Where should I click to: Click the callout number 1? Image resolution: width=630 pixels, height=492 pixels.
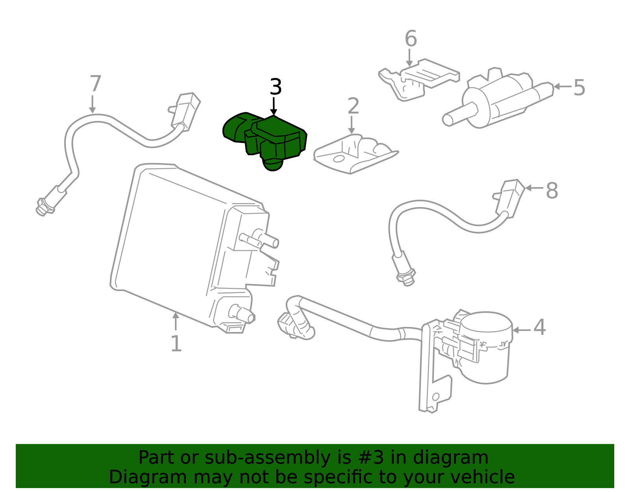pos(176,344)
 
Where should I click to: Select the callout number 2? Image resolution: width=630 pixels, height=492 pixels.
pos(354,106)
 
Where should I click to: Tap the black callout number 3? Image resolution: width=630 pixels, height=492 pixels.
pos(275,87)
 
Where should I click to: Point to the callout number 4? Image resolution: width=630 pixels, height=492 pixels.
pos(539,327)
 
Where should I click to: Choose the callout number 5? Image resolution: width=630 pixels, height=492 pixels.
pos(579,87)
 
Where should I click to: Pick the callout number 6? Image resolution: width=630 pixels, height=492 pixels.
pos(411,38)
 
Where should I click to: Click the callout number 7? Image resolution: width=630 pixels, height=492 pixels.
pos(95,84)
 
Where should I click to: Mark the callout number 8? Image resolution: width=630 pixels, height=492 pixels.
pos(552,191)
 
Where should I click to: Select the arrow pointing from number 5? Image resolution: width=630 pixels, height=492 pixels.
pos(562,86)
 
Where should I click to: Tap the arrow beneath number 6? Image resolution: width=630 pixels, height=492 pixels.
pos(409,58)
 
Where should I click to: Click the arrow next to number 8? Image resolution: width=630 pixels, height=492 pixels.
pos(534,188)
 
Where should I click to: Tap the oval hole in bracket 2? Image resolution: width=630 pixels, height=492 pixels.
pos(339,159)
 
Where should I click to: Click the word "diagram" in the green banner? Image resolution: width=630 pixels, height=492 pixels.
pos(450,457)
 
